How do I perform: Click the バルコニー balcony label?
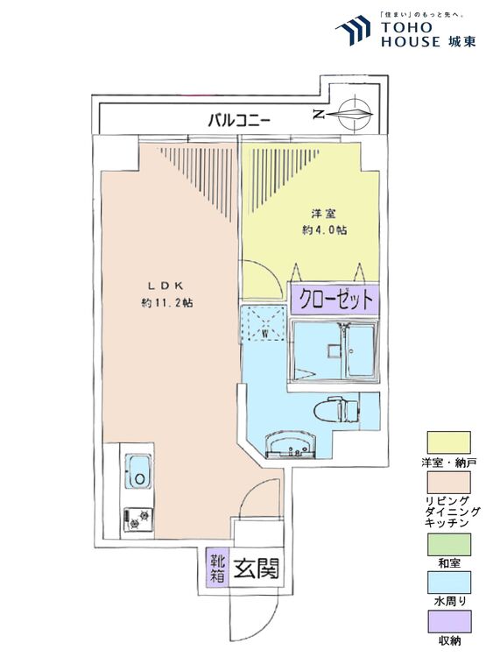pos(239,121)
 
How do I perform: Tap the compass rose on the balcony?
pos(356,113)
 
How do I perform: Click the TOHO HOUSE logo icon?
pos(353,30)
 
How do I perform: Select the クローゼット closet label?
pos(335,300)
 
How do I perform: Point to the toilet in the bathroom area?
pos(336,410)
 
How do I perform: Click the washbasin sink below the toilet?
pos(290,445)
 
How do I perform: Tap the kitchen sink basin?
pos(138,471)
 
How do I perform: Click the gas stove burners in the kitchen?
pos(137,519)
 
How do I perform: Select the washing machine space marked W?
pos(265,323)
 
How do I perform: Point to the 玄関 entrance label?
pos(256,569)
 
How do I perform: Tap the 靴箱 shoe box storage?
pos(217,568)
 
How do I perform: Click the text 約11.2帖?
pos(167,303)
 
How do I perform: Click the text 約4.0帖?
pos(324,230)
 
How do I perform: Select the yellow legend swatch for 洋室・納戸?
pos(448,442)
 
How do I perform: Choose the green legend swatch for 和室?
pos(448,544)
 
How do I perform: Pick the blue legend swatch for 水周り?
pos(448,582)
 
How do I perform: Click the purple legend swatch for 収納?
pos(448,621)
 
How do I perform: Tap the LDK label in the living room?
pos(165,286)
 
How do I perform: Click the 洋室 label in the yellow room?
pos(324,214)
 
